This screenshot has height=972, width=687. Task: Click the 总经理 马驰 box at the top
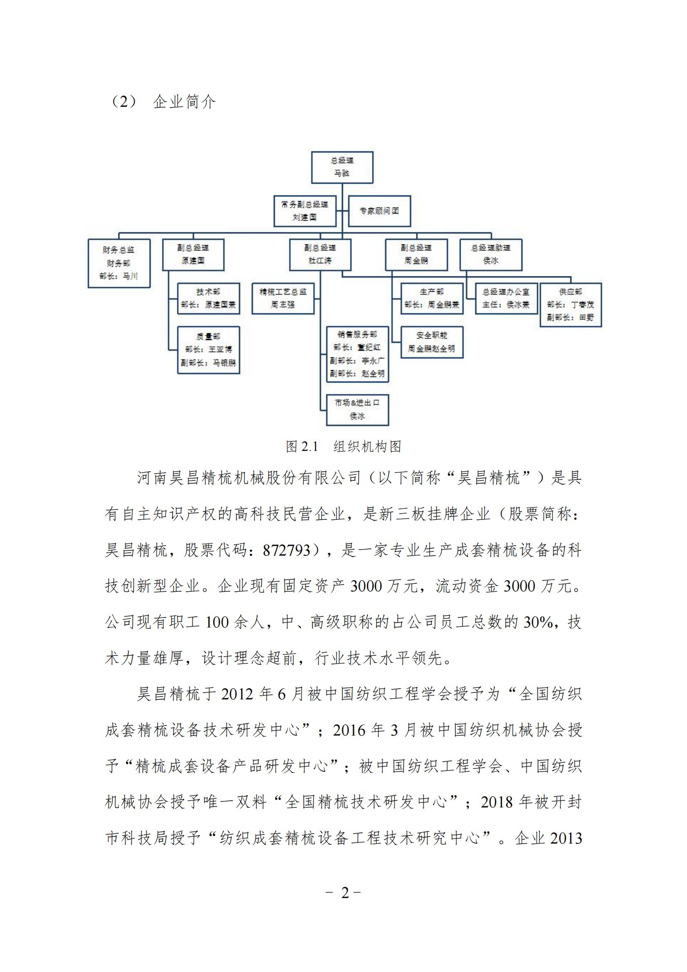[342, 167]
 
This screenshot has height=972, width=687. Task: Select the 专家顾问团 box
[379, 211]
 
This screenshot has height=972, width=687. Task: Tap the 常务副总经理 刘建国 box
[304, 211]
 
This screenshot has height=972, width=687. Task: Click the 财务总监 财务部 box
[119, 263]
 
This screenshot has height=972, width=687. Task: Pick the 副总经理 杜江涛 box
[320, 254]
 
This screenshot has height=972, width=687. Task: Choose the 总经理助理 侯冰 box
[491, 254]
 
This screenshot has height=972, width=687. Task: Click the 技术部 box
[208, 298]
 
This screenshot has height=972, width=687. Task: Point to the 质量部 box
[208, 349]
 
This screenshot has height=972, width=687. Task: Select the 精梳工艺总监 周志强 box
[282, 298]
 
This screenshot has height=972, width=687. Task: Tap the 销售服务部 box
[357, 354]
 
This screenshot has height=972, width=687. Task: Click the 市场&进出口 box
[357, 410]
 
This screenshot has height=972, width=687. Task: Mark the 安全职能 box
[432, 342]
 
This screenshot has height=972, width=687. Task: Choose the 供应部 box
[570, 305]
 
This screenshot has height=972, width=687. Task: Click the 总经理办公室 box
[506, 298]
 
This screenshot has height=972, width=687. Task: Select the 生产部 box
[432, 298]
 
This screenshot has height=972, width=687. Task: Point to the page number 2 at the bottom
[345, 893]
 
